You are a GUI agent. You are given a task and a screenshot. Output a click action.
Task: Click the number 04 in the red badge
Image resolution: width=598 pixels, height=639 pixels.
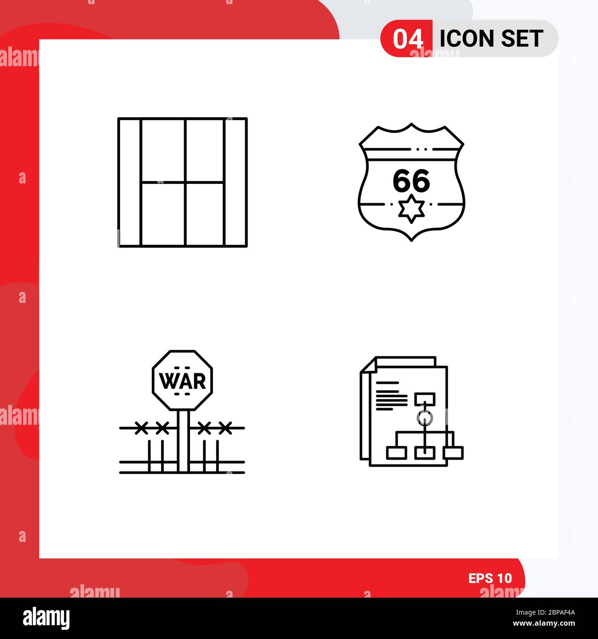pyautogui.click(x=408, y=39)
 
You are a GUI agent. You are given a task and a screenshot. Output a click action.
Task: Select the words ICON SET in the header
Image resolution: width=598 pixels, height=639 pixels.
pyautogui.click(x=491, y=39)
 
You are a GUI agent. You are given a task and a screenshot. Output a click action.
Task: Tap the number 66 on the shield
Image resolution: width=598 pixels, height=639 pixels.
pyautogui.click(x=411, y=181)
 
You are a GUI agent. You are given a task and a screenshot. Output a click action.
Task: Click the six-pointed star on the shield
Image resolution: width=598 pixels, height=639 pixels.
pyautogui.click(x=411, y=209)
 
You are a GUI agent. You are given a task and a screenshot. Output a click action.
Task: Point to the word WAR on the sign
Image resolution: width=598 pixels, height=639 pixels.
pyautogui.click(x=182, y=381)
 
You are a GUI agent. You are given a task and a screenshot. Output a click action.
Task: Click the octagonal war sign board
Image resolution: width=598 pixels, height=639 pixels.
pyautogui.click(x=182, y=380)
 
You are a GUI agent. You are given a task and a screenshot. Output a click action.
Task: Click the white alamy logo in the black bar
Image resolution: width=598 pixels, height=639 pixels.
pyautogui.click(x=46, y=618)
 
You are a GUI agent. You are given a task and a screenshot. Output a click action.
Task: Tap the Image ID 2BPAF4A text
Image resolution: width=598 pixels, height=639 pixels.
pyautogui.click(x=545, y=612)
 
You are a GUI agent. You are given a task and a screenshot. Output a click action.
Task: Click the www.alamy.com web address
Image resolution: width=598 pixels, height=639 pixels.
pyautogui.click(x=544, y=623)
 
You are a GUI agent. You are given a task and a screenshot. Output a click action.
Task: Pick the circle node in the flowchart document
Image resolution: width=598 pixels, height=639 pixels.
pyautogui.click(x=425, y=418)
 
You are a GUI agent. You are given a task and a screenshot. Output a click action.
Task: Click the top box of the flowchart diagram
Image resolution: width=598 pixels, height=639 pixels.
pyautogui.click(x=425, y=399)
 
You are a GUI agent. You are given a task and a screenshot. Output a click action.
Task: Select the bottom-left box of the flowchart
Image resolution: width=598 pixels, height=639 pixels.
pyautogui.click(x=397, y=453)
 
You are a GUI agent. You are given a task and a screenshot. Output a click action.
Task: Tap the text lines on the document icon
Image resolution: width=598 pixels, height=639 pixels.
pyautogui.click(x=391, y=396)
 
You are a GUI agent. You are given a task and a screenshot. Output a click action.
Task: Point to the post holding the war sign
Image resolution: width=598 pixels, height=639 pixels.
pyautogui.click(x=183, y=441)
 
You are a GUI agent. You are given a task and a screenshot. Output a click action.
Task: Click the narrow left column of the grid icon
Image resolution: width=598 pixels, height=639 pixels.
pyautogui.click(x=129, y=183)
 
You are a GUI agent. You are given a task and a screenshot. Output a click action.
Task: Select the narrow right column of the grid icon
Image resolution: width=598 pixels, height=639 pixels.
pyautogui.click(x=236, y=183)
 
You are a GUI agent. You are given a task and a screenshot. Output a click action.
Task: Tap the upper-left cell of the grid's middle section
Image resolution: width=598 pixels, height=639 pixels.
pyautogui.click(x=163, y=151)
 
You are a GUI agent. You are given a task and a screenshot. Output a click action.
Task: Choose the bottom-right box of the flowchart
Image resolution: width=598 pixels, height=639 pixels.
pyautogui.click(x=453, y=453)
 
